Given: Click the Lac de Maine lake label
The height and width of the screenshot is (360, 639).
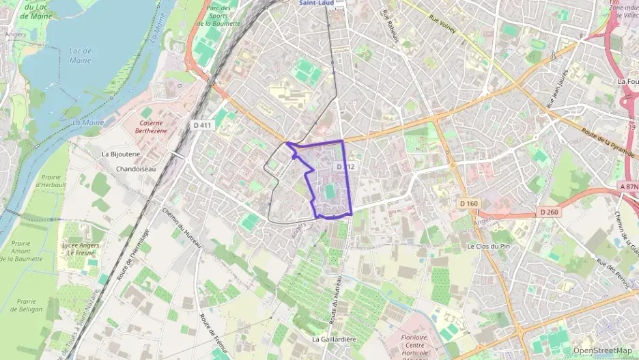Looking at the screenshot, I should tap(80, 55).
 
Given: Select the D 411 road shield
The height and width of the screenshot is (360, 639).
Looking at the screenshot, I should tap(203, 125).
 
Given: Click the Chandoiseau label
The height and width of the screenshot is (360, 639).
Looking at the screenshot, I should tap(136, 169).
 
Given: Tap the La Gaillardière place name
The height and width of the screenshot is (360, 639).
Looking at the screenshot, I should tap(335, 339).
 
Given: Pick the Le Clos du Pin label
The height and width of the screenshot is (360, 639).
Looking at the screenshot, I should tap(489, 246).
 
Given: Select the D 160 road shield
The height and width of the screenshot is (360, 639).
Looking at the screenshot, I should tap(469, 204).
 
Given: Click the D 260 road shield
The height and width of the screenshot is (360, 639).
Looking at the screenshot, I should tap(549, 212).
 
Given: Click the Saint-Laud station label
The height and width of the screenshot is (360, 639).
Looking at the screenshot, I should tap(316, 3).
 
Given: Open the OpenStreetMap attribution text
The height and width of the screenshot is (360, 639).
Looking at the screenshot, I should tap(602, 350).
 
